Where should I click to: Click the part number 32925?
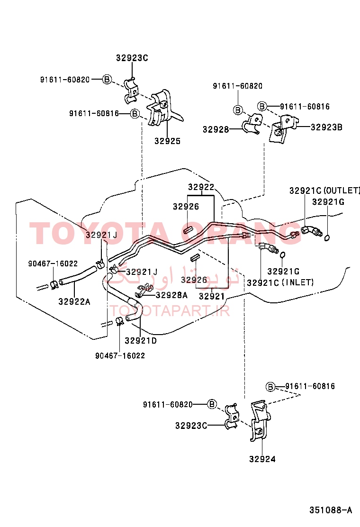tap(167, 141)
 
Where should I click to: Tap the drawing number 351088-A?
tap(331, 510)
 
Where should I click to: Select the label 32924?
tap(262, 459)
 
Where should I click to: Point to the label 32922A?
tap(74, 302)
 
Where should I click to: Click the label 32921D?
tap(141, 341)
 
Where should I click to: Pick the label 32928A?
tap(171, 295)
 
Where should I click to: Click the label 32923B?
tap(326, 127)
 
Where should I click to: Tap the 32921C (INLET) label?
tap(280, 282)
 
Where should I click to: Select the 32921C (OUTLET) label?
tap(324, 191)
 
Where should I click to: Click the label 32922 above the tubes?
tap(201, 187)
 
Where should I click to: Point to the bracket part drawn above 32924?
tap(260, 420)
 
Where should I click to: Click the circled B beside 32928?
tap(238, 110)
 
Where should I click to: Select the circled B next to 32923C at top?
tap(107, 80)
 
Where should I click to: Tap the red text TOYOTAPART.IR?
tap(170, 311)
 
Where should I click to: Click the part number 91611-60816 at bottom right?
tap(310, 386)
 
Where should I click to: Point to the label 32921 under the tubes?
tap(212, 297)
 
